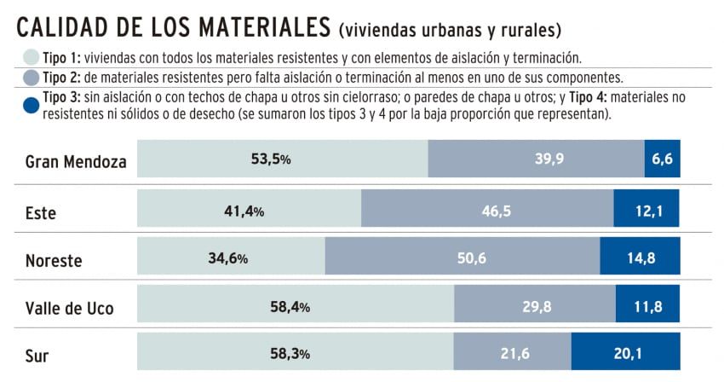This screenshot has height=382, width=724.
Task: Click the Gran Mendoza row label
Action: tap(76, 161)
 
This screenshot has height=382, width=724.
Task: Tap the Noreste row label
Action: tap(54, 260)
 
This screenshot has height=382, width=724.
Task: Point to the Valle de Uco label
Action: tap(69, 307)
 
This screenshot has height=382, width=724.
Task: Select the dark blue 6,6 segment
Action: tap(662, 159)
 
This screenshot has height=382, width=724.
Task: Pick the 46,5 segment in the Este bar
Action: tap(487, 209)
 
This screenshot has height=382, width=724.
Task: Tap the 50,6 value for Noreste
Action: tap(463, 257)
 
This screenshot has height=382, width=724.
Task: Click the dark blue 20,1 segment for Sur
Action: tap(625, 352)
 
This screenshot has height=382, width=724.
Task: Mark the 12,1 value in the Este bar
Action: tap(646, 209)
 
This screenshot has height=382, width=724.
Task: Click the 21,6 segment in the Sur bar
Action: tap(511, 352)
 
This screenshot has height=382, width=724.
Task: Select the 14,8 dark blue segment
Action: tap(640, 257)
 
